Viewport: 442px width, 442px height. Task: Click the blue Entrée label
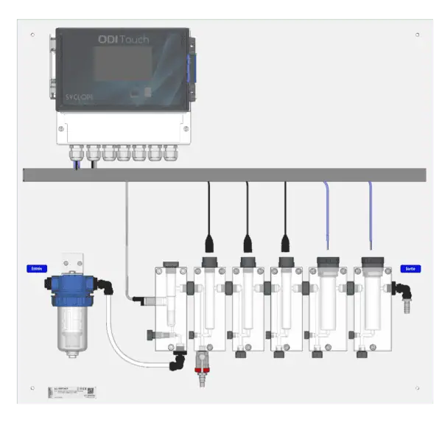click(36, 270)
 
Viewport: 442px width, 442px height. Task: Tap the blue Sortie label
click(408, 270)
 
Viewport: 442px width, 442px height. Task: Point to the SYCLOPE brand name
click(76, 97)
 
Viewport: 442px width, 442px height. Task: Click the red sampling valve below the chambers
click(198, 362)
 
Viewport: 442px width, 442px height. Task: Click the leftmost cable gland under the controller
click(76, 152)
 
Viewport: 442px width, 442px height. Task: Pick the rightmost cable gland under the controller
click(172, 152)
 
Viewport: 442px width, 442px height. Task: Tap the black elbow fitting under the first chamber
click(176, 361)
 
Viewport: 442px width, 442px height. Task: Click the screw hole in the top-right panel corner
click(417, 35)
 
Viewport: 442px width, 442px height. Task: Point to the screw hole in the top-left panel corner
click(34, 35)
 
